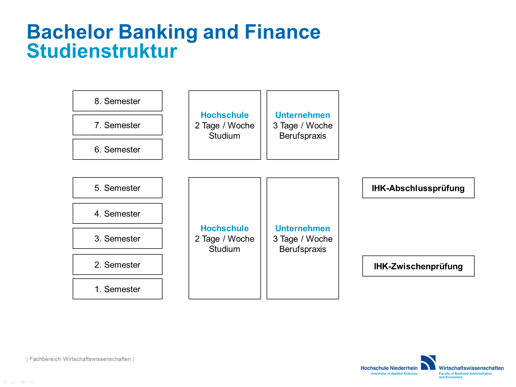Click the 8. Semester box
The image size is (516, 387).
pos(118,101)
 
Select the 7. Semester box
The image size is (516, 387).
pos(118,125)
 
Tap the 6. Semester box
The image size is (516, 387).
pos(118,149)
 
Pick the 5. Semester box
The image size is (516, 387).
pos(118,188)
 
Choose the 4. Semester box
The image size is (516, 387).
pos(118,214)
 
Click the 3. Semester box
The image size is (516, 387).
pos(118,238)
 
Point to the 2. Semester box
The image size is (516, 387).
pos(118,265)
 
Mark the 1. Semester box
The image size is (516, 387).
pos(118,289)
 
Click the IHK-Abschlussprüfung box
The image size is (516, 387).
pos(418,188)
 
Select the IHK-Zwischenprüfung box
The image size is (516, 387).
pos(418,266)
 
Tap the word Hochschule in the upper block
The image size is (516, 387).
pos(225,115)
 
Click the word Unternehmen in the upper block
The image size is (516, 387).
pos(303,115)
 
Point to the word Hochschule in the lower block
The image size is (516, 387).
pos(225,228)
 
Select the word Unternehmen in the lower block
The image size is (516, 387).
pos(303,228)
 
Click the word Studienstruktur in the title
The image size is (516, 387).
pos(102,51)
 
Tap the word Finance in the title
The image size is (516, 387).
pos(282,32)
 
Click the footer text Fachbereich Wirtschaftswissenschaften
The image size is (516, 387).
pos(80,359)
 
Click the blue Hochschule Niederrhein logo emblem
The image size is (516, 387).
pos(428,363)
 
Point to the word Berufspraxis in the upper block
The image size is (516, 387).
pos(303,136)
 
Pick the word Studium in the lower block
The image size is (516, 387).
pos(225,249)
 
